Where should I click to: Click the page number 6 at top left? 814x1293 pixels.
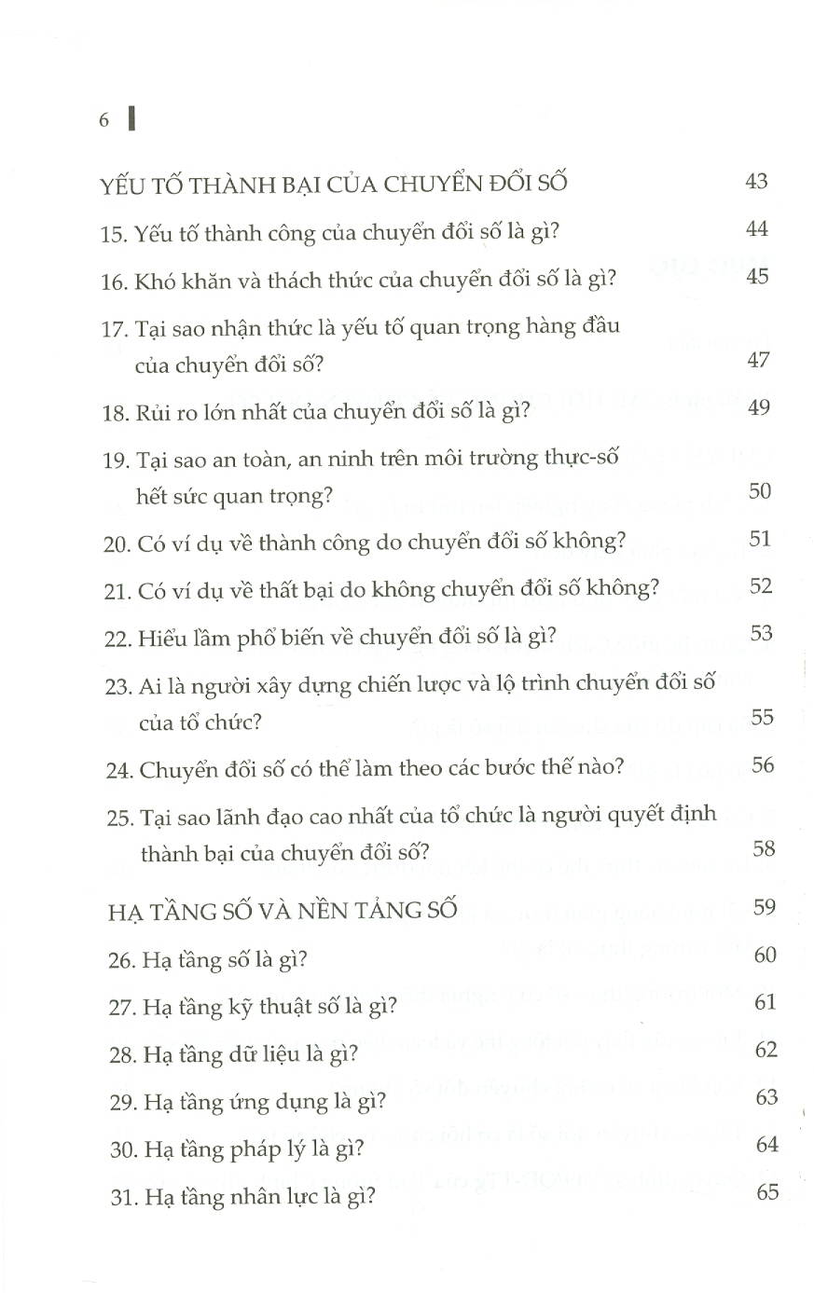[x=104, y=120]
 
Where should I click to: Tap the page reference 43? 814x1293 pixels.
[x=757, y=181]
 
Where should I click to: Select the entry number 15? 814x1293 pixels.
[x=113, y=234]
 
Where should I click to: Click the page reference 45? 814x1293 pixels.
[x=757, y=277]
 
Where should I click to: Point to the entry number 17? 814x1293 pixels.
[x=115, y=329]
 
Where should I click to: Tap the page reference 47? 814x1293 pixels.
[x=758, y=360]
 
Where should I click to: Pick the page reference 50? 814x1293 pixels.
[x=760, y=489]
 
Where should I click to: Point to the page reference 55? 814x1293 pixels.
[x=762, y=717]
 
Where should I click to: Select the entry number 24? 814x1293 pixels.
[x=119, y=770]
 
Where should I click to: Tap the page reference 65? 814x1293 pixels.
[x=767, y=1191]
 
